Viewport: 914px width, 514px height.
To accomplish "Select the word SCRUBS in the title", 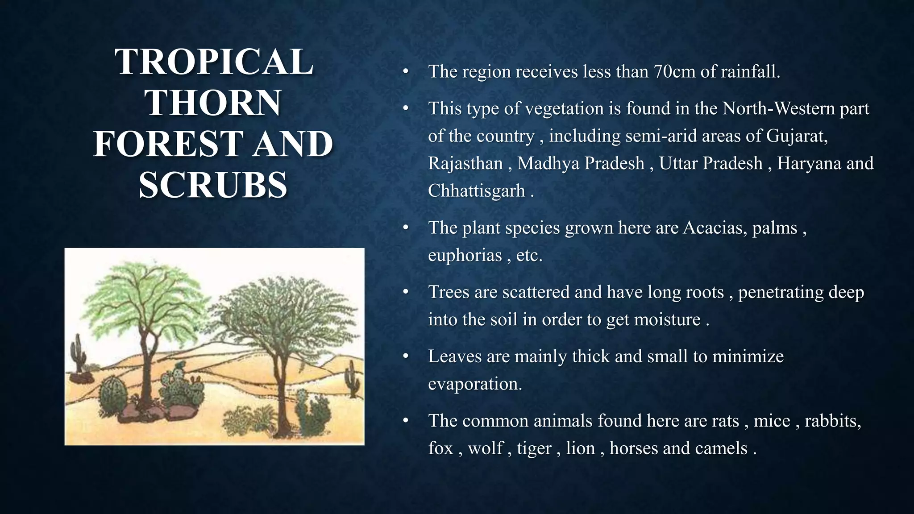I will pos(213,185).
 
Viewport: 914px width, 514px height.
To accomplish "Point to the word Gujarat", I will pos(797,136).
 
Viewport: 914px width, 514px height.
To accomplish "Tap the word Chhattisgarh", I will pos(476,191).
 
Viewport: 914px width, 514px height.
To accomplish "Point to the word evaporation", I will pos(475,384).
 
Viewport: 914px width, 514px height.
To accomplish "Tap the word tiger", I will pos(534,448).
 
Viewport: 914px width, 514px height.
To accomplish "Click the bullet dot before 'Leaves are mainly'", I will pos(405,356).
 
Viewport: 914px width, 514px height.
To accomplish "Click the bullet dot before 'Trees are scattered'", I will pos(405,292).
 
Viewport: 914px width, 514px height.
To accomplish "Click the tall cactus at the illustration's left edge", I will pos(79,352).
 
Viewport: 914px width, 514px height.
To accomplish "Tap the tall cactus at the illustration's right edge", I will pos(353,379).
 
